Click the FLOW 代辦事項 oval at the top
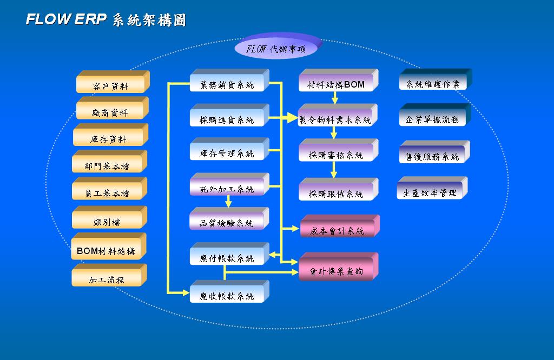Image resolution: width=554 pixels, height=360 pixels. point(276,48)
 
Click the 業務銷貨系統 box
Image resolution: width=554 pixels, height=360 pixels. point(227,84)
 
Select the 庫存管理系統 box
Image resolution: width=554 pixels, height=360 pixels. point(227,153)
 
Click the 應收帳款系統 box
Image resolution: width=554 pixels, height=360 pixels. point(227,296)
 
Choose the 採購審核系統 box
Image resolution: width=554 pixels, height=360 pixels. point(336,155)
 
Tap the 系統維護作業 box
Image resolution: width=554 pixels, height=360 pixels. point(432,84)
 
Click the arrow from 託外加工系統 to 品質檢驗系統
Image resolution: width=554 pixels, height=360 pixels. point(228,202)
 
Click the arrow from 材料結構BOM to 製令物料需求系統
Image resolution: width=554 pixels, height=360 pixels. point(335,98)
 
